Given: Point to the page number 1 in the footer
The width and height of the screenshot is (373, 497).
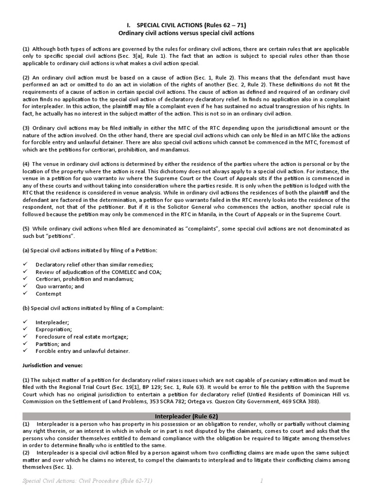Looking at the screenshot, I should (x=261, y=480).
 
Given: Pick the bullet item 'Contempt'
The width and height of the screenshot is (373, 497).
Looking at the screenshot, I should (x=49, y=294).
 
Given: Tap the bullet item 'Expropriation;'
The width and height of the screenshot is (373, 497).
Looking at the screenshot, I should (x=53, y=329).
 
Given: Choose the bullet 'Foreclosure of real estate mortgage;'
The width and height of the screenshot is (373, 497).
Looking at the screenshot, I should (x=82, y=336).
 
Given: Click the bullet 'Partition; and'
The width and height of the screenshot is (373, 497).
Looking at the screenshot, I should (x=53, y=344).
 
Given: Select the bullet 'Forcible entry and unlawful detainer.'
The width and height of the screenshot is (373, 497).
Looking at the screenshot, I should (x=83, y=351).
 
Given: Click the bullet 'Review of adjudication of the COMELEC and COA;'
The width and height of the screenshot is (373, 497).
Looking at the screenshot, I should (x=99, y=272).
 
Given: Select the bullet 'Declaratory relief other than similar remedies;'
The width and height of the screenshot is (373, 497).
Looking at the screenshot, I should (x=94, y=265).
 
